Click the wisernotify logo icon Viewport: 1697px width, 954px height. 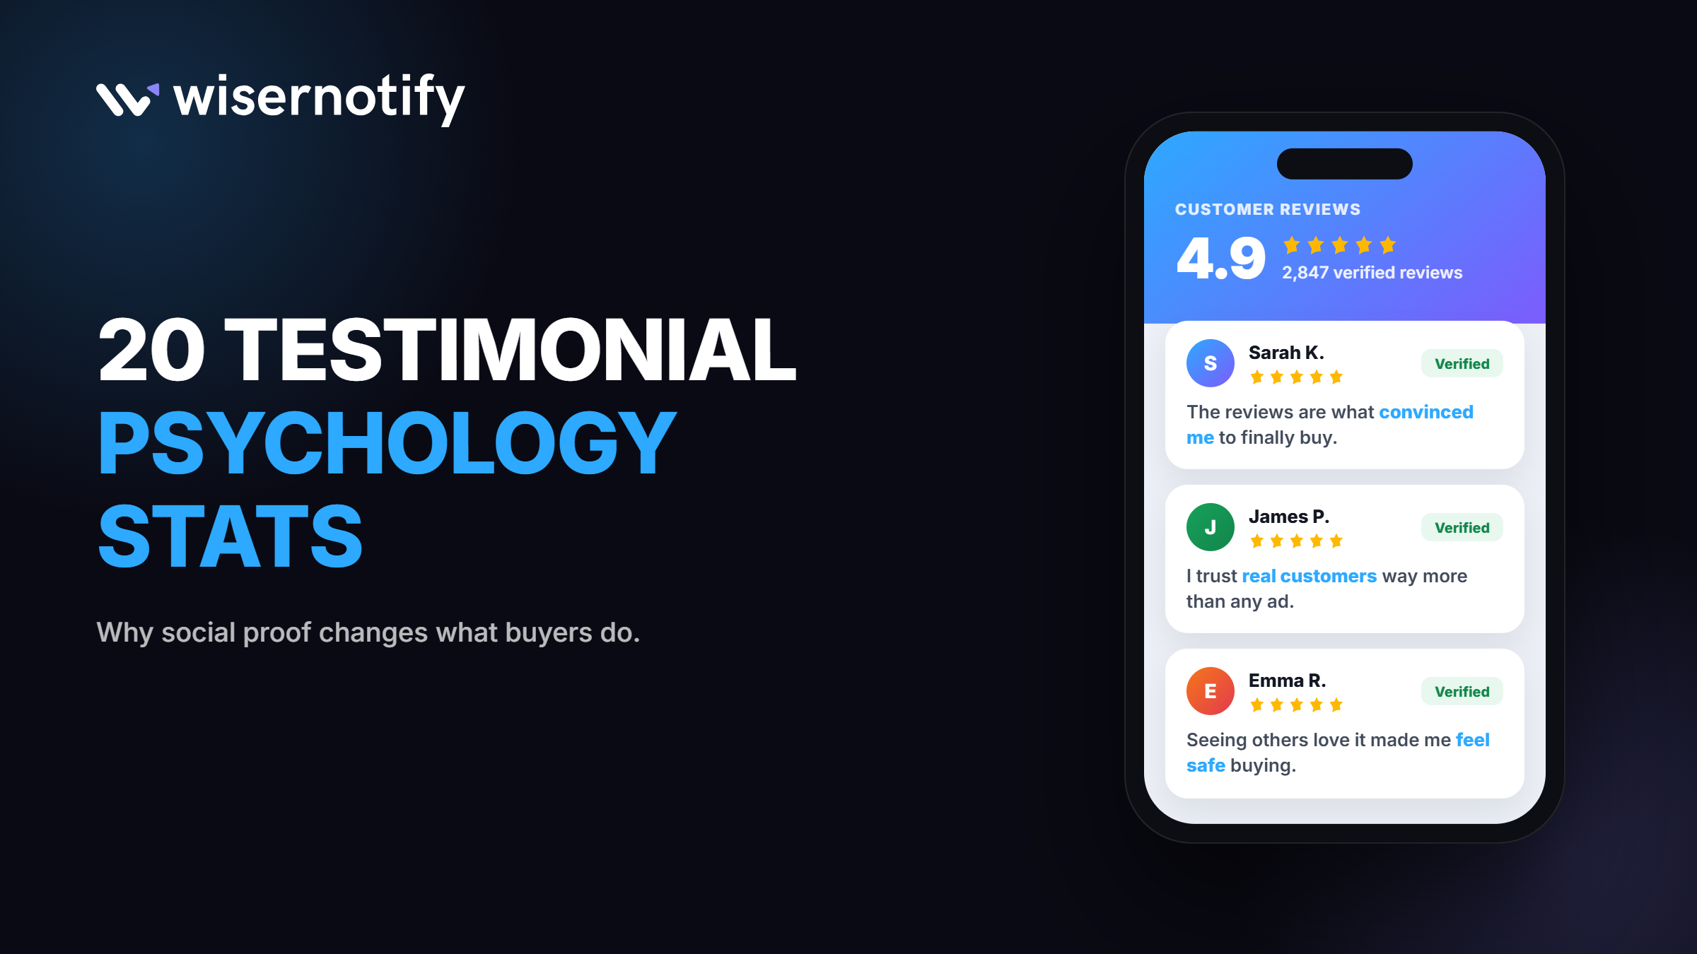click(127, 99)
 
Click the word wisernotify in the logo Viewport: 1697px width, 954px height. click(319, 99)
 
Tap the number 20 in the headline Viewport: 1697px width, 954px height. click(151, 350)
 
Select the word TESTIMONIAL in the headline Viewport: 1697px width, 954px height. click(510, 350)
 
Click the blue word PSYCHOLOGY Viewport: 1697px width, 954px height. click(387, 443)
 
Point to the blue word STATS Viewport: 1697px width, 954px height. click(231, 536)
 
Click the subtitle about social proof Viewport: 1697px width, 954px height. click(368, 633)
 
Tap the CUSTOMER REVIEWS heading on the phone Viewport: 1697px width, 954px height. click(1268, 209)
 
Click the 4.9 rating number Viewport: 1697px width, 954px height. click(1221, 259)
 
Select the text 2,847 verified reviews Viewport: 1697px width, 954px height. click(1372, 273)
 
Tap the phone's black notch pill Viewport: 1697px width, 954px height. click(1344, 164)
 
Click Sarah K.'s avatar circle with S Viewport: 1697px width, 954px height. click(1211, 363)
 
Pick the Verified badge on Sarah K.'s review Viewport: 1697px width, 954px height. click(1462, 364)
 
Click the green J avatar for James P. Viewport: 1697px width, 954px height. click(1211, 527)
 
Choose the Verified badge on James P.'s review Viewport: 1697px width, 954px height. click(1462, 528)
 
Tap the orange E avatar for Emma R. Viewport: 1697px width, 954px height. click(1211, 691)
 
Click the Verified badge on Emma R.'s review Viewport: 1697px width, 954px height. click(1462, 692)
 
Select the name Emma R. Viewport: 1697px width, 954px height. click(1287, 681)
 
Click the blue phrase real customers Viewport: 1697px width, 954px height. click(1310, 576)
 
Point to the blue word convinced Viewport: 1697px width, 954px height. click(1426, 412)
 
